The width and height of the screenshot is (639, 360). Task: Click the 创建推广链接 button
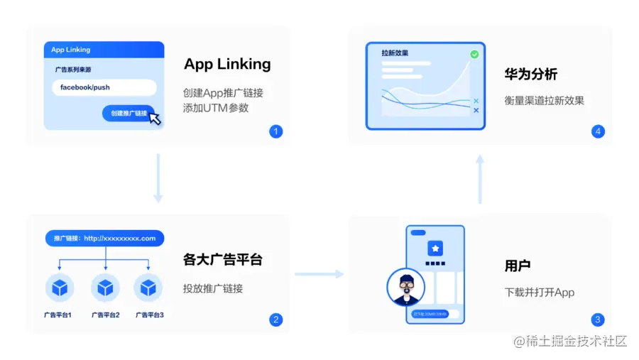tap(128, 113)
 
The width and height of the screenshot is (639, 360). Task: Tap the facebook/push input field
tap(104, 87)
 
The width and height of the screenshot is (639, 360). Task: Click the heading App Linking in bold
tap(227, 64)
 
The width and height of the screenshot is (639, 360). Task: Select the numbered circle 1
tap(276, 131)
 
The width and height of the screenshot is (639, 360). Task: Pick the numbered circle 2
tap(276, 320)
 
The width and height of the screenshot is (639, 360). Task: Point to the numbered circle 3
tap(598, 320)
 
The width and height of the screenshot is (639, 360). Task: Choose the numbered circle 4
tap(598, 131)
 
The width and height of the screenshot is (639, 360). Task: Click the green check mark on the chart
tap(474, 54)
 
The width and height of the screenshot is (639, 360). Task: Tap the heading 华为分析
tap(530, 74)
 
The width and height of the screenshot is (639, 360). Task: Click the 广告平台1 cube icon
tap(60, 288)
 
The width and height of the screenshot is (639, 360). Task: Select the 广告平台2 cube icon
tap(106, 288)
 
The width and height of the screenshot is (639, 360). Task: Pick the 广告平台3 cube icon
tap(148, 288)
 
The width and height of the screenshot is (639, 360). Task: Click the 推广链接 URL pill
tap(104, 239)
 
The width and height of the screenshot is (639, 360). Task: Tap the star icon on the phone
tap(435, 249)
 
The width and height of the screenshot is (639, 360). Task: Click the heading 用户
tap(518, 266)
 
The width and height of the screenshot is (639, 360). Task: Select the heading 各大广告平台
tap(222, 260)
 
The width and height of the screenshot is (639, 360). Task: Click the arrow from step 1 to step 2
tap(158, 178)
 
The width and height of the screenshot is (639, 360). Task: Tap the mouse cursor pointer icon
tap(154, 118)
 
